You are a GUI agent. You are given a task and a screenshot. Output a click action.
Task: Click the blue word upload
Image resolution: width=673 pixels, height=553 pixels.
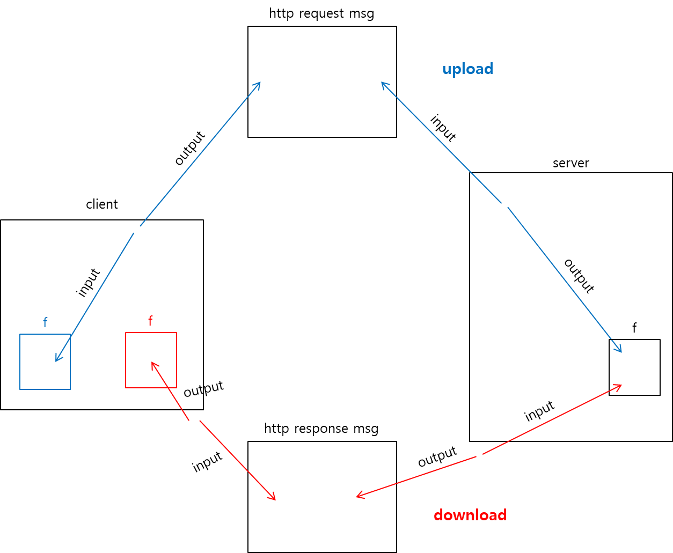[x=467, y=69]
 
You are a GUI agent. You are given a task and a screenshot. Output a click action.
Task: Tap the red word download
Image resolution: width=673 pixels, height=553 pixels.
[x=470, y=515]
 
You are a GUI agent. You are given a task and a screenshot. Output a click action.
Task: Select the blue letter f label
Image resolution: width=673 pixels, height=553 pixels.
[x=45, y=323]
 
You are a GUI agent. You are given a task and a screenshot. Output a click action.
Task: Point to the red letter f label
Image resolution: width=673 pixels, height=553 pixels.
[x=150, y=321]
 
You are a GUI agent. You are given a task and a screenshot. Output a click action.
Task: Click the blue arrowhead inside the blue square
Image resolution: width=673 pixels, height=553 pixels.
[x=57, y=360]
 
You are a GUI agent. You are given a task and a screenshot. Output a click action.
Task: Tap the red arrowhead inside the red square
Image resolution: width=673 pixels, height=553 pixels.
[x=152, y=363]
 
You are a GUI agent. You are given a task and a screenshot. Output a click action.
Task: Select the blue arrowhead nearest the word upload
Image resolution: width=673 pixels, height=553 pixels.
[x=383, y=83]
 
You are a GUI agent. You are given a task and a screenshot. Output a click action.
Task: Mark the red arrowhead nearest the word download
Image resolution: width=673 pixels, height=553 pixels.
[x=358, y=497]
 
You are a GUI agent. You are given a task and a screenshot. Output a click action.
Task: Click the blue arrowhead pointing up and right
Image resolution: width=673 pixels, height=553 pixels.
[x=259, y=83]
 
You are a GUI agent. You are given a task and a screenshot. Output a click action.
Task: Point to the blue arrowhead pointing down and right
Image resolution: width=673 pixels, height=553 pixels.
[x=620, y=351]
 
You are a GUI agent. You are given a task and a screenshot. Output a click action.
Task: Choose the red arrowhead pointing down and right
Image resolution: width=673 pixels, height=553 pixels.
[x=274, y=499]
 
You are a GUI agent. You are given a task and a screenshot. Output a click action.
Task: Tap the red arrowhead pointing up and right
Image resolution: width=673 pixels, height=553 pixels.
[x=620, y=385]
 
